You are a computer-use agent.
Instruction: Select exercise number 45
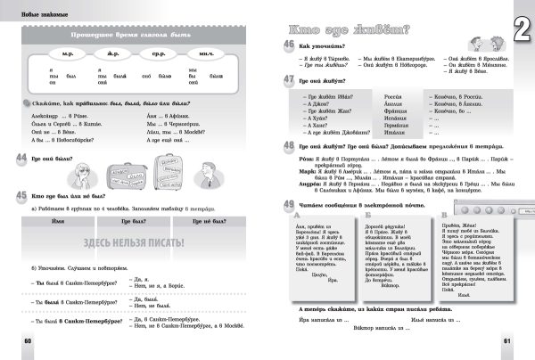20,193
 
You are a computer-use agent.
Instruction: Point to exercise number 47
289,80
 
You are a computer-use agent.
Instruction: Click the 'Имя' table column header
60,218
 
